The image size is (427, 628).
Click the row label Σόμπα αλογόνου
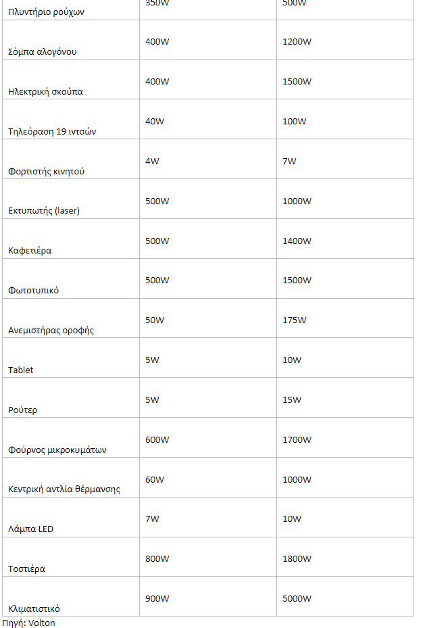(42, 52)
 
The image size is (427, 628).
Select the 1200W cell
(297, 42)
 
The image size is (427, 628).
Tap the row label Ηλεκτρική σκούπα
(45, 92)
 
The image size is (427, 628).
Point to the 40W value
(155, 122)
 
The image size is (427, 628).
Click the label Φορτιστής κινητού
(46, 172)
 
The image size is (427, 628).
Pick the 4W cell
(152, 162)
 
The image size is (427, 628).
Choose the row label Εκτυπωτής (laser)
(44, 211)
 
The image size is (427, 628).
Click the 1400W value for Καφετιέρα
(297, 241)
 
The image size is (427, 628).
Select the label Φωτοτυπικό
(33, 291)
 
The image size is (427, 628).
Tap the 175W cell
(294, 320)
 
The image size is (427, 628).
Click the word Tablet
(20, 370)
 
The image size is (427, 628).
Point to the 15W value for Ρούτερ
(292, 400)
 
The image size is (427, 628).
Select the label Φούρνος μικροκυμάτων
(57, 450)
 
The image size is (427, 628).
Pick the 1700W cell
(297, 440)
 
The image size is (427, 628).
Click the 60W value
(155, 480)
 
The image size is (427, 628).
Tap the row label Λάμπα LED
(30, 529)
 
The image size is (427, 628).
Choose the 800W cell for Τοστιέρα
(157, 559)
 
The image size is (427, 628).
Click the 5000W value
(297, 599)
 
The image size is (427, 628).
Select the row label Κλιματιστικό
(39, 609)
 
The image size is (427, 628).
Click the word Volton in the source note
(42, 623)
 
